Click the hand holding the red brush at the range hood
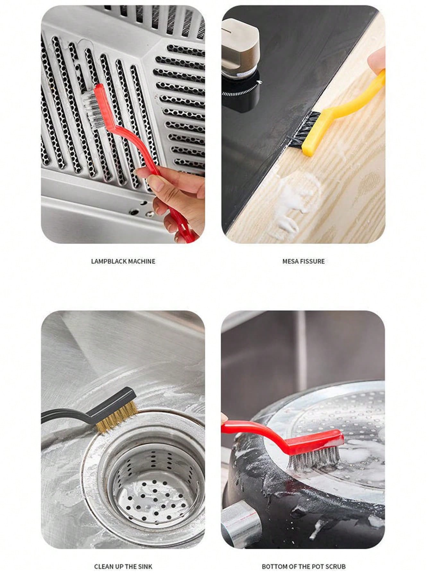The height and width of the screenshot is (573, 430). tap(175, 199)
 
